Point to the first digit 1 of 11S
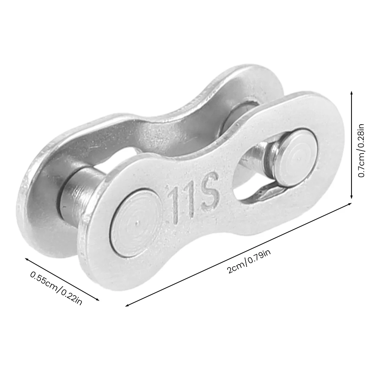tap(173, 205)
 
